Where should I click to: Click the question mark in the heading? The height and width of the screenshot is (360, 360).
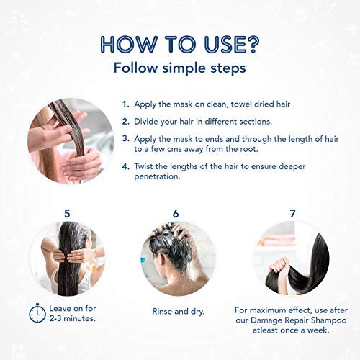(x=251, y=45)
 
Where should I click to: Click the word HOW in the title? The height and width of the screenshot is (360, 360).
(x=128, y=45)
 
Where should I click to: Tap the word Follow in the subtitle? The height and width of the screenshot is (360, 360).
(x=135, y=68)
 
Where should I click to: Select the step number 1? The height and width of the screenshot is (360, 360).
(x=125, y=104)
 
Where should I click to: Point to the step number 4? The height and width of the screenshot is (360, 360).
(x=125, y=166)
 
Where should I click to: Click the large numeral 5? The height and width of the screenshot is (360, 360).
(x=67, y=213)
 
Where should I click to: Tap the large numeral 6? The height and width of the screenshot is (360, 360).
(x=176, y=213)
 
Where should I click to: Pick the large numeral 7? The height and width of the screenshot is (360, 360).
(x=292, y=213)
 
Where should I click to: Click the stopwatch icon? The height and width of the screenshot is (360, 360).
(x=37, y=313)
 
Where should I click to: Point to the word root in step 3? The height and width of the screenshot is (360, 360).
(x=249, y=149)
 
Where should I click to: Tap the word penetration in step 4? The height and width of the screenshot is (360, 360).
(x=157, y=177)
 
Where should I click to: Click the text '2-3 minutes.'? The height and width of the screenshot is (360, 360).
(x=73, y=318)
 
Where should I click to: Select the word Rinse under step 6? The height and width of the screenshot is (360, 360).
(x=162, y=312)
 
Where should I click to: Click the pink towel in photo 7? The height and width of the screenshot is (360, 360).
(x=278, y=240)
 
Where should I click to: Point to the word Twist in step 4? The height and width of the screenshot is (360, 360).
(x=144, y=166)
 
